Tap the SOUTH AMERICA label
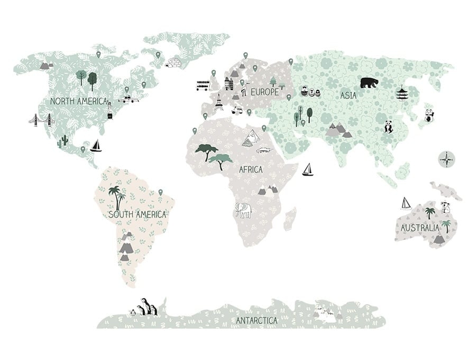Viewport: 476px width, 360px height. click(137, 214)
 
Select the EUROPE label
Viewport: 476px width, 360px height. click(264, 92)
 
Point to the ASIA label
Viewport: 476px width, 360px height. click(348, 96)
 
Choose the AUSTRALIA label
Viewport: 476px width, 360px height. click(419, 228)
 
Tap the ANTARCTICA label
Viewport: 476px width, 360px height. click(257, 321)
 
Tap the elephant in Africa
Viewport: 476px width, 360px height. click(243, 210)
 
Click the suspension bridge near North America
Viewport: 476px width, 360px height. click(41, 120)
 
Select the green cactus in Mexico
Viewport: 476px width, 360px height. click(63, 140)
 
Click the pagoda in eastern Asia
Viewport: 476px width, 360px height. click(402, 93)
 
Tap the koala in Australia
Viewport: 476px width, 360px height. click(445, 207)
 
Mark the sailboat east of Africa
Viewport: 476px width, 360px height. click(307, 169)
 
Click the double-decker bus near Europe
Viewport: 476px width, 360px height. click(203, 85)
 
